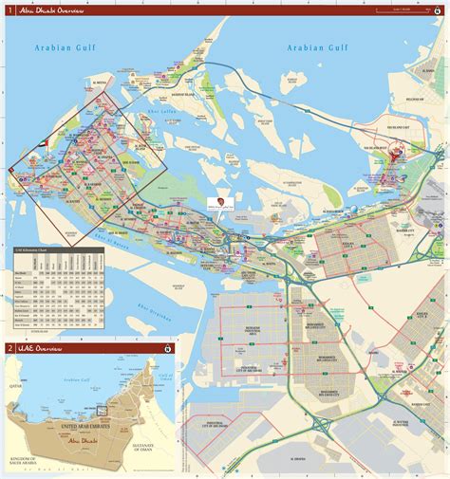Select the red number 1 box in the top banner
pos(9,10)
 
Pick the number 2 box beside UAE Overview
pos(9,348)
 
